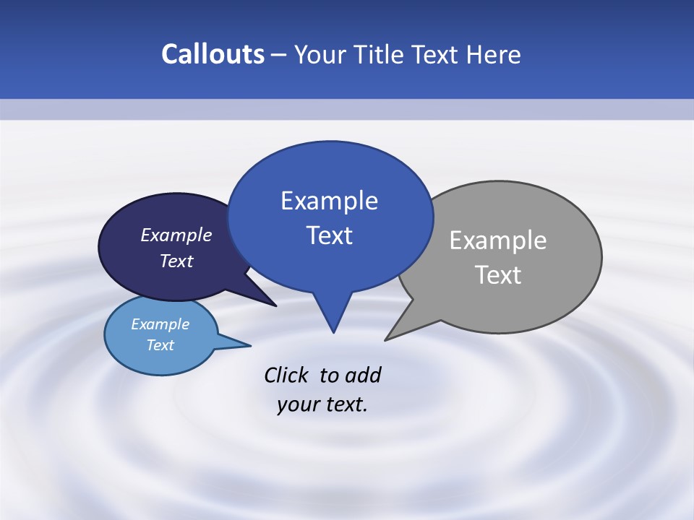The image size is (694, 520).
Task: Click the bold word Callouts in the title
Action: click(x=213, y=54)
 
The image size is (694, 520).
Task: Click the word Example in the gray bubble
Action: click(x=498, y=240)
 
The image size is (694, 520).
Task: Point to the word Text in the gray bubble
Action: click(x=498, y=275)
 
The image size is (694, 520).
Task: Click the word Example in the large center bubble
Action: click(x=329, y=200)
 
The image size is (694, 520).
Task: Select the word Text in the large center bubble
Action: click(x=329, y=235)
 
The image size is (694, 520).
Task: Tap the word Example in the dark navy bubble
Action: click(x=176, y=235)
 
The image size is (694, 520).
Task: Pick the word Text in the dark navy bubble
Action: click(x=176, y=261)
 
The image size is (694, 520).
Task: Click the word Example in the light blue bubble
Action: click(x=160, y=324)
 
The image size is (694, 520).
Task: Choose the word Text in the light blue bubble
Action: click(x=160, y=345)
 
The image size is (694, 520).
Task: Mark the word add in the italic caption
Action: click(x=363, y=375)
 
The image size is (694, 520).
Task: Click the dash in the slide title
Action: click(x=279, y=55)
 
